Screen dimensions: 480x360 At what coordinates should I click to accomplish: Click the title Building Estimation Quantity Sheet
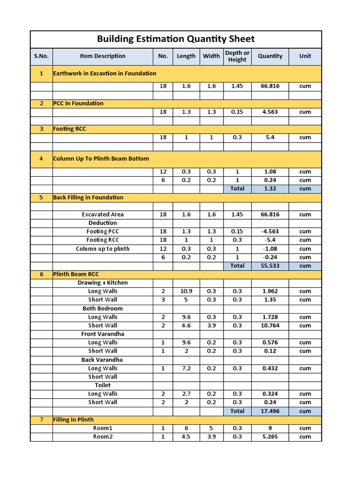tap(176, 39)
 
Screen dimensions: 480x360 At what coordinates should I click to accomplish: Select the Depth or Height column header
tap(237, 56)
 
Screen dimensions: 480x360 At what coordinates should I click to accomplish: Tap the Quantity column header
tap(270, 56)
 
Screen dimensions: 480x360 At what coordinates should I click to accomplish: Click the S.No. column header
tap(41, 56)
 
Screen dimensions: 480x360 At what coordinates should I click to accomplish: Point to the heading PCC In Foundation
tap(78, 103)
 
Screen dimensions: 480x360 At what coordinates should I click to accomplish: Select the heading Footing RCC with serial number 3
tap(69, 129)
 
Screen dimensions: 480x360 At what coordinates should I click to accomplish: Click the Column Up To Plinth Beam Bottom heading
tap(101, 158)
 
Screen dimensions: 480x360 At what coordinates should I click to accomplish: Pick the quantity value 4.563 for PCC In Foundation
tap(270, 112)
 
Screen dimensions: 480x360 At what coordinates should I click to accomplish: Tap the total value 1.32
tap(270, 188)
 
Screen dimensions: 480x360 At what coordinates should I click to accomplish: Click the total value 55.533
tap(270, 266)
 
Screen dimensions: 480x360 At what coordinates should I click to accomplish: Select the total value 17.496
tap(270, 411)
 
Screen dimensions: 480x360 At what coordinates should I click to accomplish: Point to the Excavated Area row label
tap(103, 214)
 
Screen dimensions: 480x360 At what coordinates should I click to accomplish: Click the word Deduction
tap(103, 223)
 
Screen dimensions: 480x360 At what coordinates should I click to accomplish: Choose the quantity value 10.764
tap(270, 325)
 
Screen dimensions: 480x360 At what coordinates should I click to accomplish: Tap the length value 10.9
tap(186, 291)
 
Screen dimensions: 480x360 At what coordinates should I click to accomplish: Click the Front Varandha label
tap(103, 334)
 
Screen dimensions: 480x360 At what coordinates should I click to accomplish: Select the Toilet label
tap(103, 385)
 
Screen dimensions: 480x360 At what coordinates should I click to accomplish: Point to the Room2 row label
tap(103, 436)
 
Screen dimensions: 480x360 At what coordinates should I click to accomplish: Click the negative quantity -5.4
tap(270, 240)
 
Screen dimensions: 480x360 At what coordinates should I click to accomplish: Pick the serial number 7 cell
tap(41, 420)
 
